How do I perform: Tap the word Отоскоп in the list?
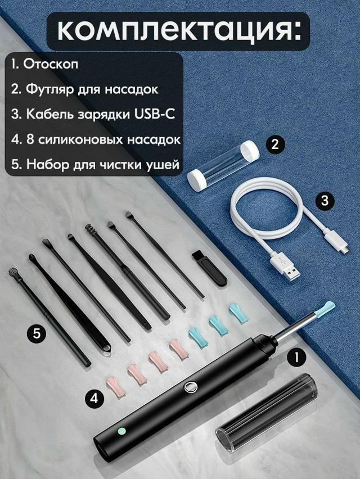[51, 65]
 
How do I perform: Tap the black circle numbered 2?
[275, 144]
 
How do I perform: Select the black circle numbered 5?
[37, 333]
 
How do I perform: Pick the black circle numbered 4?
[94, 397]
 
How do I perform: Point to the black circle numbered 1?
[296, 358]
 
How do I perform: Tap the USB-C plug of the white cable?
[336, 241]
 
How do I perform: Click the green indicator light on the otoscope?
[121, 431]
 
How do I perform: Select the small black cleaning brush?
[210, 269]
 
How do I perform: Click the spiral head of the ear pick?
[91, 231]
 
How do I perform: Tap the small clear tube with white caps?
[223, 164]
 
